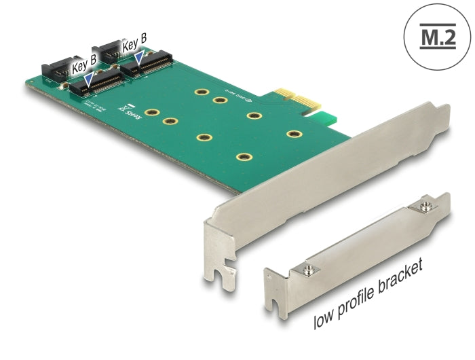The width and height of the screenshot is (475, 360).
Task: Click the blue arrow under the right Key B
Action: point(139,62)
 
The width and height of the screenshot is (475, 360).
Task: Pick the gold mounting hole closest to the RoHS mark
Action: point(152,113)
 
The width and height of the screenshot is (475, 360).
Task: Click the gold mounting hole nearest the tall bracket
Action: point(293,134)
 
